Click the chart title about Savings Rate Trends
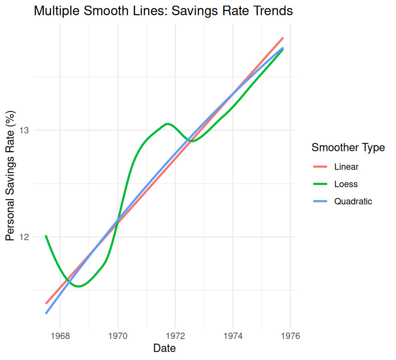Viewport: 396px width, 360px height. point(163,11)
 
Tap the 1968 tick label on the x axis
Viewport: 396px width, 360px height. point(60,336)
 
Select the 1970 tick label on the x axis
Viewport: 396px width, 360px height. point(118,336)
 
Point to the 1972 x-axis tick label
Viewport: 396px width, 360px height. point(175,336)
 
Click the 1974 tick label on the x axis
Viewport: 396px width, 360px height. point(233,336)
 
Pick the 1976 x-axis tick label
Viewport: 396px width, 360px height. point(290,336)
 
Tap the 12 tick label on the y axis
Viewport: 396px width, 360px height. point(24,237)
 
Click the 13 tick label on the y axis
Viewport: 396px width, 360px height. point(24,130)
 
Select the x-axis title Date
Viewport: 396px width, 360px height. point(164,348)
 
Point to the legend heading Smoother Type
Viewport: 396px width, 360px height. point(348,148)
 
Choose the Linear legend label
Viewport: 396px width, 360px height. point(346,167)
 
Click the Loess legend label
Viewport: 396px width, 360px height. point(346,184)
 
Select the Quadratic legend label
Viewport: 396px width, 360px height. point(353,201)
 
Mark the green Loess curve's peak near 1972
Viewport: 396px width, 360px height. point(167,124)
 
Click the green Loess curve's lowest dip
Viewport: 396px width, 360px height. point(78,286)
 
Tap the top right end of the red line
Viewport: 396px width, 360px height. point(283,38)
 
